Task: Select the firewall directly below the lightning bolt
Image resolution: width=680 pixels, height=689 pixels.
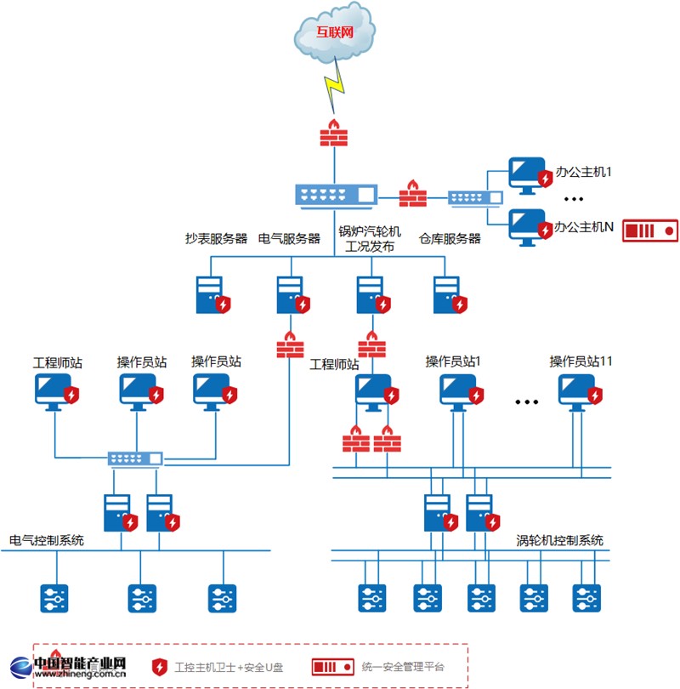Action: coord(333,134)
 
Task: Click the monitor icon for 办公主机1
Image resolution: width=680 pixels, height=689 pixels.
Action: coord(526,174)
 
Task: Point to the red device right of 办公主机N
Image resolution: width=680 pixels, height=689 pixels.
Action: coord(650,230)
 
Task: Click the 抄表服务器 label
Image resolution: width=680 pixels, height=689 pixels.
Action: coord(217,239)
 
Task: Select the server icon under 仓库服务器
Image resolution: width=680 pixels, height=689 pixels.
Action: coord(446,294)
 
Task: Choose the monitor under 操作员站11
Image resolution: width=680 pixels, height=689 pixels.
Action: coord(578,390)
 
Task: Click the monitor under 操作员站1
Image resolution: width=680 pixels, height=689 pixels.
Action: coord(458,390)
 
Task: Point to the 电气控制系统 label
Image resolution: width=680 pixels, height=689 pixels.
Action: coord(47,540)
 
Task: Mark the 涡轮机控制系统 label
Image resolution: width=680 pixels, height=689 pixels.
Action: coord(560,540)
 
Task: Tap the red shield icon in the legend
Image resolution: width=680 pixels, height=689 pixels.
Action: coord(158,667)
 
